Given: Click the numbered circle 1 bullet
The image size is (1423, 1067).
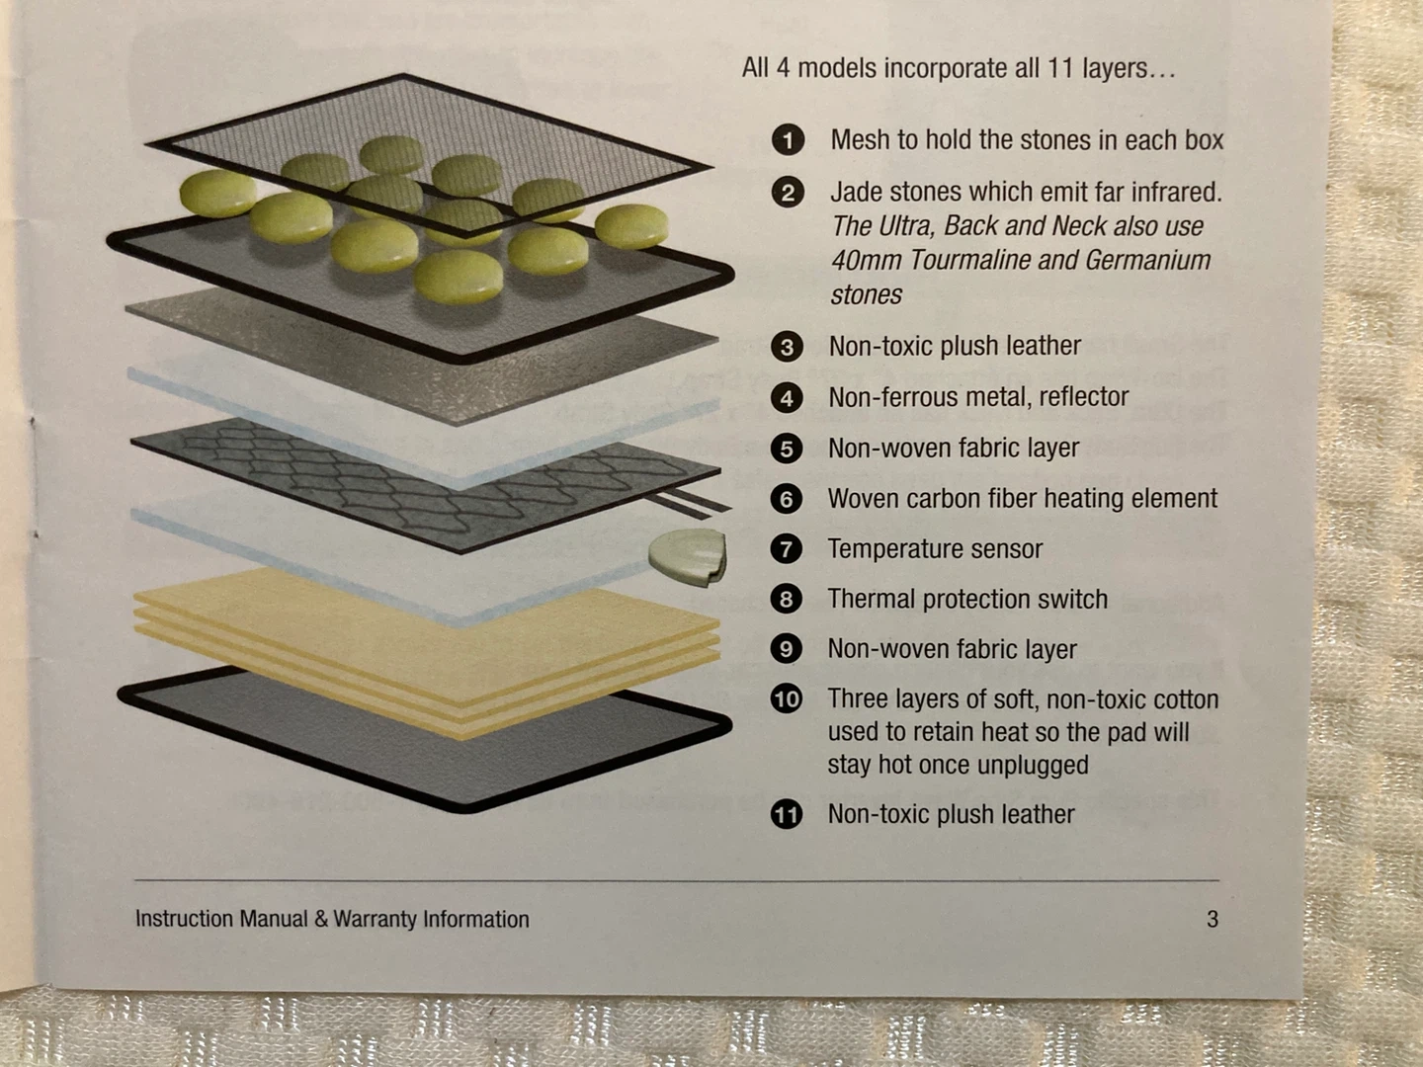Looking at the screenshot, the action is (x=788, y=140).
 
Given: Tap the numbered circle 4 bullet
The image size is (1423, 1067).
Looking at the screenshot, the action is (x=787, y=397).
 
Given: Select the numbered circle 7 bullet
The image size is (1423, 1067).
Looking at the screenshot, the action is (x=786, y=548).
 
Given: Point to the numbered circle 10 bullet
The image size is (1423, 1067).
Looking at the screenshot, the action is (x=786, y=699).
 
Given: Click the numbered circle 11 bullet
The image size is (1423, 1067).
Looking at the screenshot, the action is (x=786, y=814).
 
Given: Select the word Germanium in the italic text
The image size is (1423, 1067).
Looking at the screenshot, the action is (x=1147, y=260).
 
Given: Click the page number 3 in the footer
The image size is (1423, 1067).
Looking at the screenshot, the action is (x=1213, y=919).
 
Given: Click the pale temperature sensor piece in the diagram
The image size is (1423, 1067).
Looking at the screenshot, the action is (x=688, y=556).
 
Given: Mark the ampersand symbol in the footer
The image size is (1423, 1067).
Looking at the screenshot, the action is (x=321, y=919).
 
